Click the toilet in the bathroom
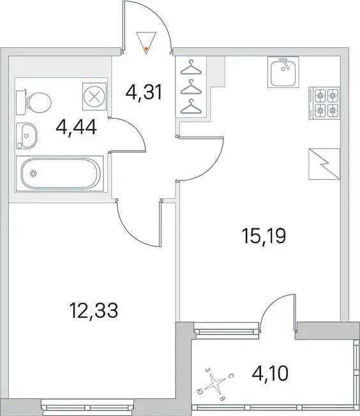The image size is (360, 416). click(34, 103)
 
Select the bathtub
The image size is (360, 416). click(61, 174)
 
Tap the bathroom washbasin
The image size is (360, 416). click(27, 136)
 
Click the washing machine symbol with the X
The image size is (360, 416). click(94, 96)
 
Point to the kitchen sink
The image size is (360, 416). click(283, 72)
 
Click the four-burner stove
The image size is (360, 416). click(324, 103)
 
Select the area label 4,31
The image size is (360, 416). click(144, 93)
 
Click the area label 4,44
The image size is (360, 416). click(76, 128)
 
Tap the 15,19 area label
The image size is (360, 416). click(264, 236)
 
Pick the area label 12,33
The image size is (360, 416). click(93, 311)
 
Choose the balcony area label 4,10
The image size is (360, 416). click(270, 373)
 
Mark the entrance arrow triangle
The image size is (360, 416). click(146, 43)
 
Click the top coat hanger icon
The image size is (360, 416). click(191, 68)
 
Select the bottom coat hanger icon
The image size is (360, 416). click(191, 107)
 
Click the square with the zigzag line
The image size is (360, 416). click(324, 164)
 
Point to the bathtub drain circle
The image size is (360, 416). click(33, 174)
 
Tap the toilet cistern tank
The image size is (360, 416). click(20, 103)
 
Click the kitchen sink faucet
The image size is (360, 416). click(284, 64)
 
